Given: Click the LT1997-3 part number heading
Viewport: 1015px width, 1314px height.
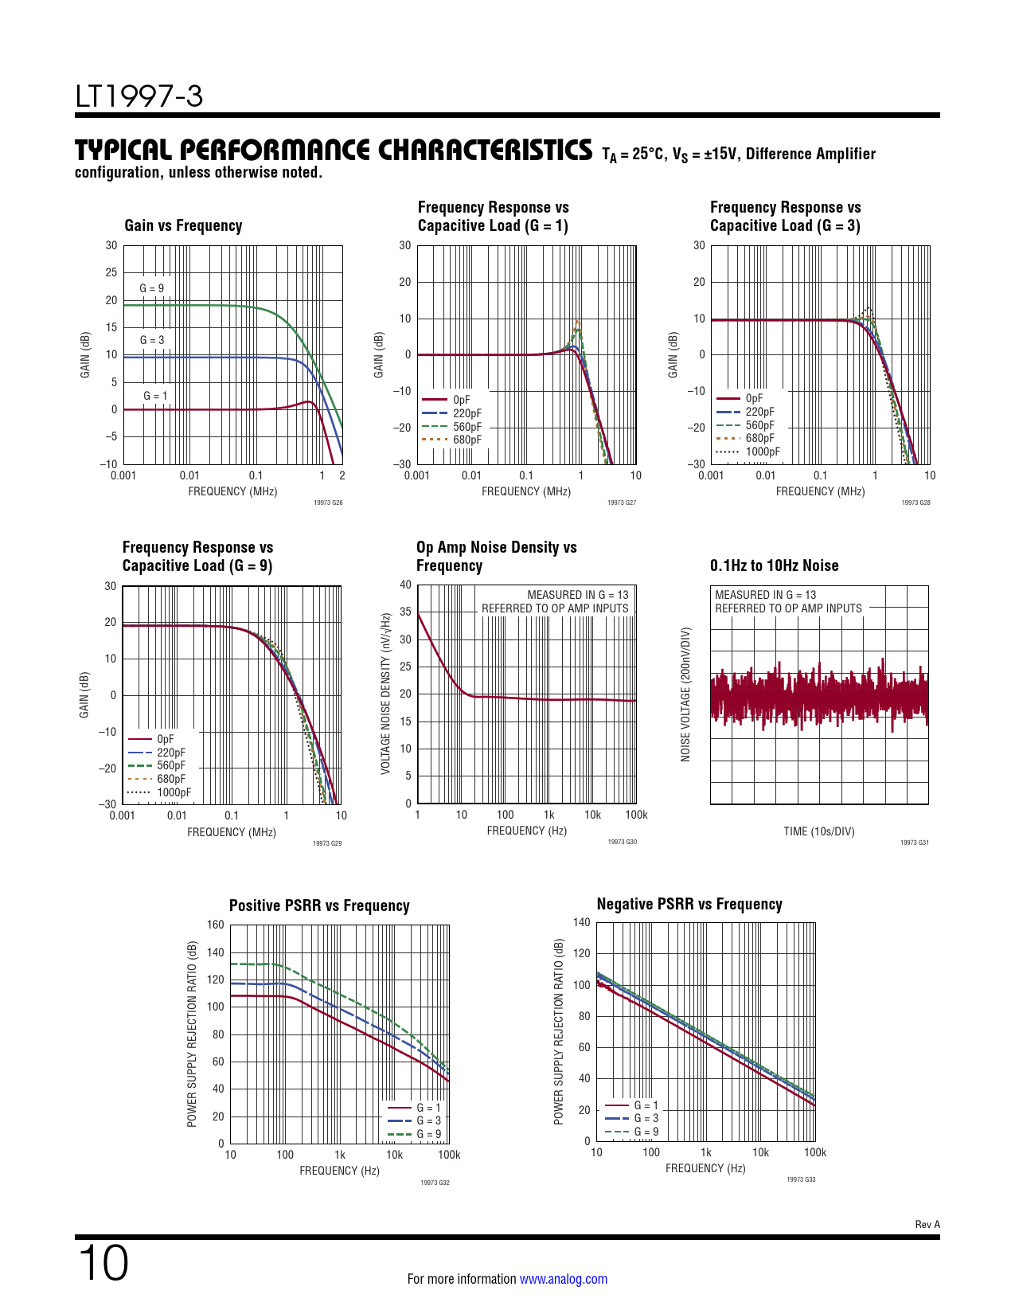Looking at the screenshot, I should click(139, 96).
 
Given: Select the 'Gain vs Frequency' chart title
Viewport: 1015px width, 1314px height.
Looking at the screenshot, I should click(183, 225).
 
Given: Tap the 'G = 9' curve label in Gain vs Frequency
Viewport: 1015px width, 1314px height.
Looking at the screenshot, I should click(151, 288).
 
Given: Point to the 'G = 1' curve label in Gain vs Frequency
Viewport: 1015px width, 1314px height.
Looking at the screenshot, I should click(155, 396).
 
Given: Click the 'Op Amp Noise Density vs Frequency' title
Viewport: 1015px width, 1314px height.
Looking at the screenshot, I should click(496, 557).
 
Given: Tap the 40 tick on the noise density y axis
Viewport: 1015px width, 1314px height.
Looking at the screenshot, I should click(406, 585).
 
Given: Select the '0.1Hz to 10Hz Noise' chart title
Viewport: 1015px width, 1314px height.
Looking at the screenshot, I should click(774, 565).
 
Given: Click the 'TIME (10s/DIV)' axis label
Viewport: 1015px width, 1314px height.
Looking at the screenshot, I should click(818, 831).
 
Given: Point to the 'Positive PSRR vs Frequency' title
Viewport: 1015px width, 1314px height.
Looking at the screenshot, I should click(319, 905).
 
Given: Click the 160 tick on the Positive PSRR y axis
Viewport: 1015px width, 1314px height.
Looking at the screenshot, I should click(216, 925).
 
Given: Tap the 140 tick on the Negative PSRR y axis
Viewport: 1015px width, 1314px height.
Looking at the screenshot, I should click(582, 922).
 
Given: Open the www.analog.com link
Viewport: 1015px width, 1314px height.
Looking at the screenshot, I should click(563, 1279).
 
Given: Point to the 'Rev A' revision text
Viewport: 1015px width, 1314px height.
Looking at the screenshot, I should click(927, 1224).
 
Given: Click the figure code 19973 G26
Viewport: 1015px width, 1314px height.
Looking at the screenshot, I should click(328, 503).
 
